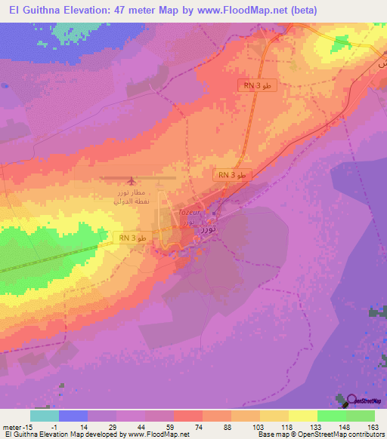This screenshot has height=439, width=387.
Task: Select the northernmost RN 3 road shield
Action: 257,86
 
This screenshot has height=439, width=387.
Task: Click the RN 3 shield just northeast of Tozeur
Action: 231,175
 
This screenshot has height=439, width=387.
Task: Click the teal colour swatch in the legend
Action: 44,416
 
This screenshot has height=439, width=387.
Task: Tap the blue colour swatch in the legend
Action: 73,416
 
